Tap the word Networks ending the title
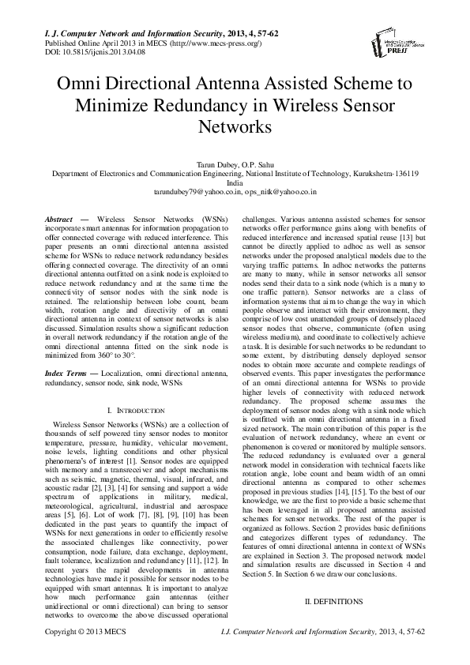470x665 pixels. coord(235,126)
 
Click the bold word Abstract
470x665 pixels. coord(59,217)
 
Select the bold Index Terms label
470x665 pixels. coord(67,371)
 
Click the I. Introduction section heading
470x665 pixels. coord(135,411)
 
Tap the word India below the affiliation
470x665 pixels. coord(235,182)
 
